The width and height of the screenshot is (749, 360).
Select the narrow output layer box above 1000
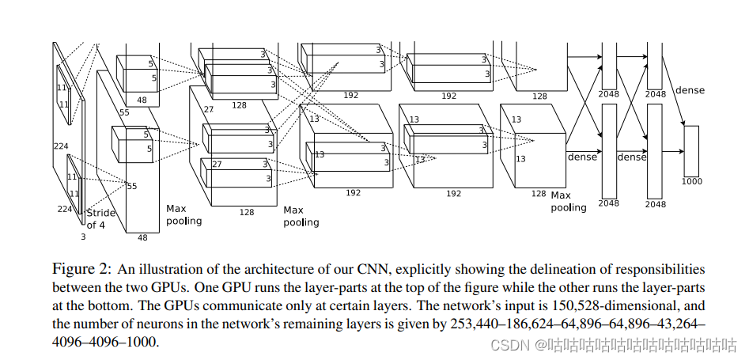tap(691, 150)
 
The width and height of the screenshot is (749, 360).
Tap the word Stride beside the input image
tap(100, 213)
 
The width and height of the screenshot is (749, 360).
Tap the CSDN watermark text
tap(509, 345)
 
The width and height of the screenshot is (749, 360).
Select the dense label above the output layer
tap(689, 91)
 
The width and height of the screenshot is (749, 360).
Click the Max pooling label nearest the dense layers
tap(569, 201)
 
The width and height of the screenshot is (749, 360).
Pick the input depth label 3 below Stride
tap(84, 237)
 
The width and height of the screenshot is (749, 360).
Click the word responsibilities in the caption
tap(660, 269)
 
